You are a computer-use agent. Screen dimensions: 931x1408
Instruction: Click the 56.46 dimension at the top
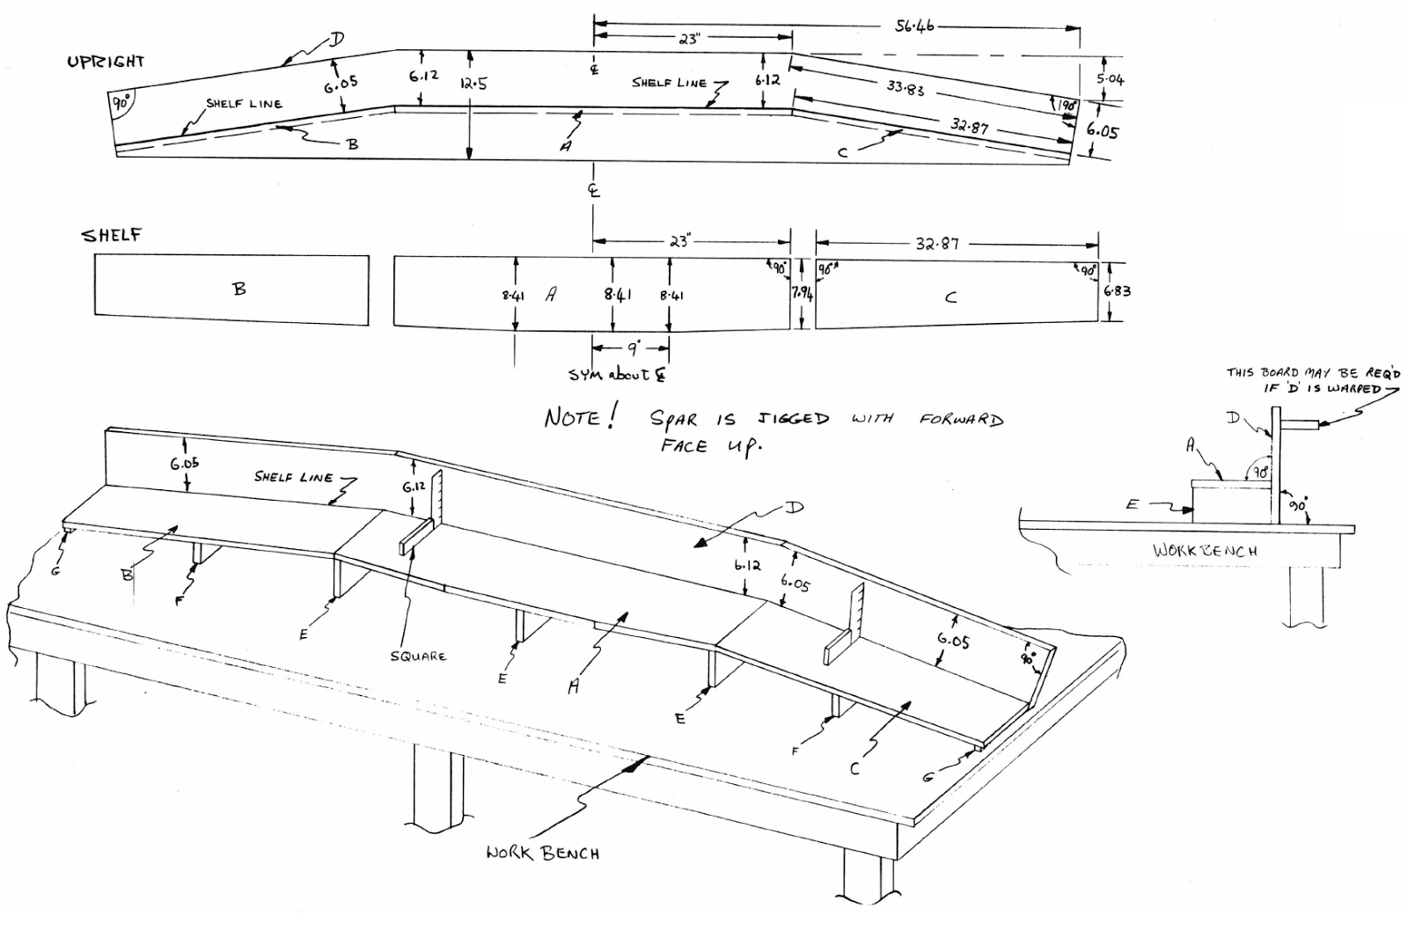[915, 26]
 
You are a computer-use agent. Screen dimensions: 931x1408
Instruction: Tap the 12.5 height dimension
[473, 84]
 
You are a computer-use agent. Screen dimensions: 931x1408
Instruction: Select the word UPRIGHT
[106, 62]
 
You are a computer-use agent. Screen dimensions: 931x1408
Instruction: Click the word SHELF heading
[112, 236]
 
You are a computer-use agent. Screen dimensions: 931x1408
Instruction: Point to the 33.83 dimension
[906, 88]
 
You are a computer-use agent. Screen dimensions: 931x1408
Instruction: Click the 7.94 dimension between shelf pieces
[803, 296]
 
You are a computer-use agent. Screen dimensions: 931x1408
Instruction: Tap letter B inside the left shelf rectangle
[239, 288]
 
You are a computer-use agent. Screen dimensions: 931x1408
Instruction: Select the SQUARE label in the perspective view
[418, 656]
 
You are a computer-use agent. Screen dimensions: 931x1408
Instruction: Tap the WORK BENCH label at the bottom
[543, 853]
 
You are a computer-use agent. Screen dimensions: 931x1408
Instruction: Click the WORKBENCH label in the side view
[1205, 551]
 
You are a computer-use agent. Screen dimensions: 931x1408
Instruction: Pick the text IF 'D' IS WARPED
[1323, 388]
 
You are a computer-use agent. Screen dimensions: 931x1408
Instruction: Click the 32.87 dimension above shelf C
[936, 244]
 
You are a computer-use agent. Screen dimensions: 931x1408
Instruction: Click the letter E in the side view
[1133, 505]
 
